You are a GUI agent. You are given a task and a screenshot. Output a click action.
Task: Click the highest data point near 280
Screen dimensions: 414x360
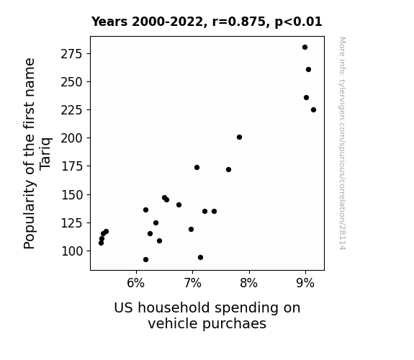tap(305, 48)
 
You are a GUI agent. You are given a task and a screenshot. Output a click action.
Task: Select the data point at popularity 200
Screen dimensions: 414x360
tap(239, 137)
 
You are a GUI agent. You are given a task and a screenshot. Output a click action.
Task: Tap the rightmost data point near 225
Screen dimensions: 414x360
tap(313, 110)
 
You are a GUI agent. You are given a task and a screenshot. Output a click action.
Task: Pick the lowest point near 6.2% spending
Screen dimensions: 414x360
tap(145, 260)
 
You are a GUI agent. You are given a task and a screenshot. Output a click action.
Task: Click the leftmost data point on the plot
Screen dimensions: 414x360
tap(101, 243)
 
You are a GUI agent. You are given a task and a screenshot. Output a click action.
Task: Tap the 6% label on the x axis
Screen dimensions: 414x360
tap(135, 283)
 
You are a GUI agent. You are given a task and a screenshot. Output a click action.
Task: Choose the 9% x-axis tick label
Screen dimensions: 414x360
tap(305, 283)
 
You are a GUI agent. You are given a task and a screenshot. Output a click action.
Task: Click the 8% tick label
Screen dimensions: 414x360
tap(248, 283)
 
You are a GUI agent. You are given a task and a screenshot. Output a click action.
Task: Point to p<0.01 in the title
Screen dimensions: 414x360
tap(298, 22)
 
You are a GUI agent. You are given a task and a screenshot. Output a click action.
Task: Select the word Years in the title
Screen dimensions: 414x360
tap(109, 22)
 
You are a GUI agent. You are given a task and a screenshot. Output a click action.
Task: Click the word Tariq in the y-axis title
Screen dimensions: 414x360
tap(45, 154)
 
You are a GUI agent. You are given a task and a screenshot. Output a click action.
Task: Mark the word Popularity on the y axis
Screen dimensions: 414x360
tap(29, 215)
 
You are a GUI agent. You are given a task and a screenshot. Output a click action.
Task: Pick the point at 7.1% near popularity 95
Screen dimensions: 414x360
tap(200, 257)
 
